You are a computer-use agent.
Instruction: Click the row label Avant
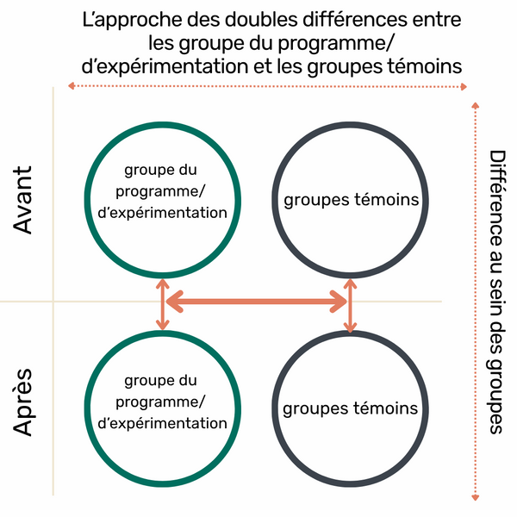coord(22,200)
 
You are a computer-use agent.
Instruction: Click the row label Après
coord(23,402)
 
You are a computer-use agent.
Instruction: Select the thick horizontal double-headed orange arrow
coord(256,302)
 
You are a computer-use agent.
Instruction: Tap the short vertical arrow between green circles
coord(163,304)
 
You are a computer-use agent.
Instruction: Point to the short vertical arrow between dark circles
coord(350,306)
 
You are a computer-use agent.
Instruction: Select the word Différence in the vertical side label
coord(497,197)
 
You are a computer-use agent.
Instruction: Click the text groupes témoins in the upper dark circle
coord(352,201)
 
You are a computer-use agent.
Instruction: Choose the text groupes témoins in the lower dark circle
coord(350,408)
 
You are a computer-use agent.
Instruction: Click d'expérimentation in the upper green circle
coord(163,214)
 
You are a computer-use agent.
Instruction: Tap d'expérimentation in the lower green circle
coord(163,424)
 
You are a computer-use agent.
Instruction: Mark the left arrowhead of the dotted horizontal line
coord(71,86)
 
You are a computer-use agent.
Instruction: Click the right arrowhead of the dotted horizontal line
coord(464,87)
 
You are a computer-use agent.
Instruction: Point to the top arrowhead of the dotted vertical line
coord(475,105)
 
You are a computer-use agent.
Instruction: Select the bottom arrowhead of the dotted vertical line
coord(475,497)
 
